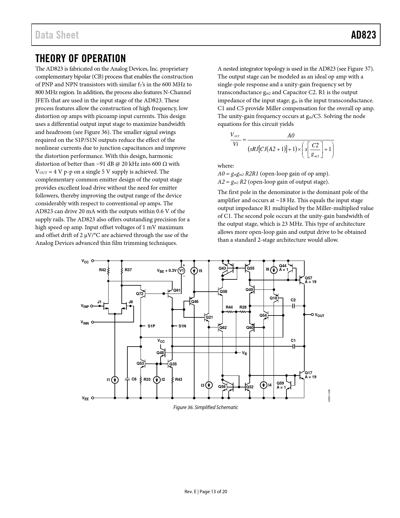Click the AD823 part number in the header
coord(363,35)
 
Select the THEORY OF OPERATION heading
coord(81,58)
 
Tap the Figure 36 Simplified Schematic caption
coord(206,407)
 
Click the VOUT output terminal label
coord(319,315)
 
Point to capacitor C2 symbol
coord(293,305)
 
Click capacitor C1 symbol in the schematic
coord(293,346)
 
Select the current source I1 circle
coord(115,380)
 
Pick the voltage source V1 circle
coord(181,271)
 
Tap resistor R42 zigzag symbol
coord(108,270)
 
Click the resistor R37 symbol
coord(122,270)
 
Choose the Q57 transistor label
coord(308,278)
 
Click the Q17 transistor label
coord(308,373)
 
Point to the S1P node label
coord(151,326)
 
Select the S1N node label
coord(182,326)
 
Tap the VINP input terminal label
coord(85,306)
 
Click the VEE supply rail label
coord(85,398)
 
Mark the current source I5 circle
coord(194,271)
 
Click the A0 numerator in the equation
coord(291,136)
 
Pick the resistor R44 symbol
coord(229,312)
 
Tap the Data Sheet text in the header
coord(57,35)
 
